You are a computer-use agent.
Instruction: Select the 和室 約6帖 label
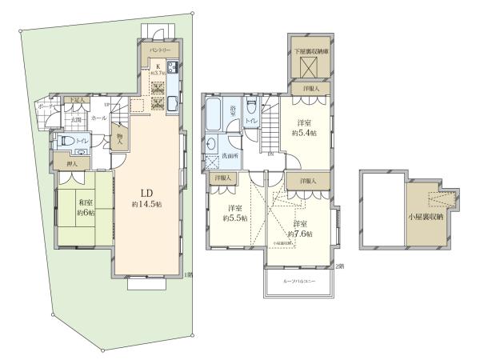click(86, 208)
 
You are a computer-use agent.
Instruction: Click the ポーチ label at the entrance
click(45, 107)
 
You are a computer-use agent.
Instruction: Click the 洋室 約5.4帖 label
click(303, 128)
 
